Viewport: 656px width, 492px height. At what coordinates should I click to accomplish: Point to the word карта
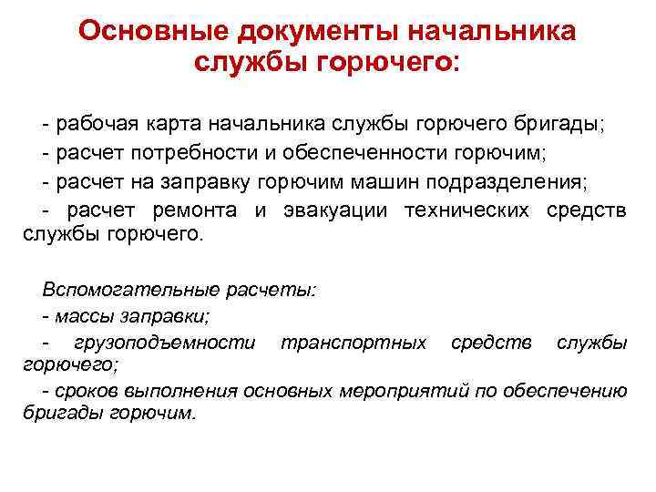[177, 123]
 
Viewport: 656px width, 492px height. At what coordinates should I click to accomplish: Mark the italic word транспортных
[354, 343]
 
